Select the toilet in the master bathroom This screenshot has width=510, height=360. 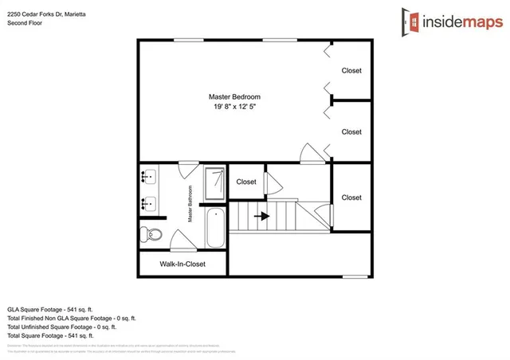[151, 234]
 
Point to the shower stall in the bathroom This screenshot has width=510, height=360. [214, 183]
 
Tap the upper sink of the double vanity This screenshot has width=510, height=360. [148, 177]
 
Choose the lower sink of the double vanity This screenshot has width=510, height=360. [148, 204]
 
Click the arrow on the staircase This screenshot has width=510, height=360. [261, 216]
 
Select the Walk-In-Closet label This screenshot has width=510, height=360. [182, 264]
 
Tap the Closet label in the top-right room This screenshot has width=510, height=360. [351, 71]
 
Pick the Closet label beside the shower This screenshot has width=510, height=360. [246, 182]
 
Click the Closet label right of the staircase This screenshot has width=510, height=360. [351, 198]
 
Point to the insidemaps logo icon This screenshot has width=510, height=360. [412, 22]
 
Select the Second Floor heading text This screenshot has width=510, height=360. [24, 23]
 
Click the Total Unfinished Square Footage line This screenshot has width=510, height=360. [61, 326]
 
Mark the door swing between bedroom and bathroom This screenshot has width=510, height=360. [188, 169]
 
